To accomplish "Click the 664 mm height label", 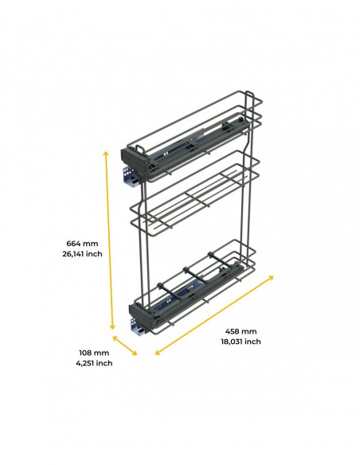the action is [82, 244].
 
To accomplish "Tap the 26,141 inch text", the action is [82, 254].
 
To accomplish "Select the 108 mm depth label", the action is [94, 353].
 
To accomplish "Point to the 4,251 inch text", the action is [94, 363].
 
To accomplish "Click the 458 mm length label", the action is [241, 331].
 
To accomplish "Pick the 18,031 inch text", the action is [241, 342].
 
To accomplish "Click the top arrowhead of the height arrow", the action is [106, 152].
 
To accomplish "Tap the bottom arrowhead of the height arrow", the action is [112, 327].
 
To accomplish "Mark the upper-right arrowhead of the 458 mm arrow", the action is [271, 277].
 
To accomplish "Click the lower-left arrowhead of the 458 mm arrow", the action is [158, 352].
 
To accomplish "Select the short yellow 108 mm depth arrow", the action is [124, 346].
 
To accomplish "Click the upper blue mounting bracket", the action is [130, 177].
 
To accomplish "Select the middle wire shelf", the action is [195, 193].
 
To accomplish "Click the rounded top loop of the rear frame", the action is [249, 94].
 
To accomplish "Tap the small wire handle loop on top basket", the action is [140, 147].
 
